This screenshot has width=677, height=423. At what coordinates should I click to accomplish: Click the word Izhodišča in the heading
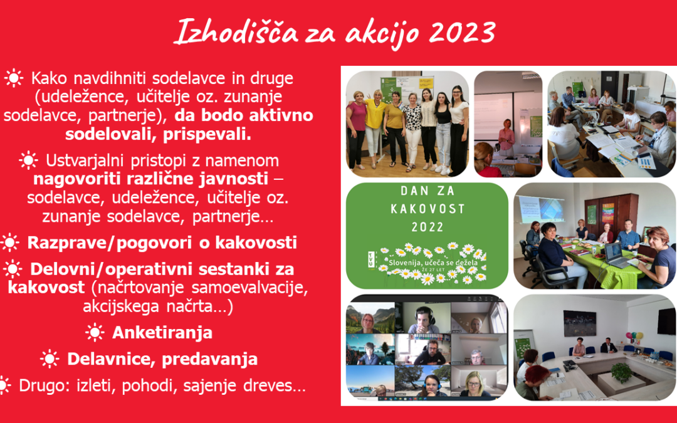(236, 31)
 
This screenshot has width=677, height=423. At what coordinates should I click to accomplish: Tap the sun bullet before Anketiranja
(95, 333)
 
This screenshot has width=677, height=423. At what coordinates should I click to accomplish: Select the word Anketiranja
(162, 333)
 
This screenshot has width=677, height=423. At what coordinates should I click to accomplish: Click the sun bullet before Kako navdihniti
(13, 78)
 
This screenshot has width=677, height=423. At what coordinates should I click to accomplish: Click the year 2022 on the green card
(428, 227)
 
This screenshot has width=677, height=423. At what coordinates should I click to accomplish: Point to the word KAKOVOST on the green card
(428, 209)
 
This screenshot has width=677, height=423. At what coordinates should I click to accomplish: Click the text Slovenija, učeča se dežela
(433, 262)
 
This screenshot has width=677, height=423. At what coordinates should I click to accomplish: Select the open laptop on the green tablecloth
(616, 256)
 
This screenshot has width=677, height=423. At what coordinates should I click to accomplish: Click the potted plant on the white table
(622, 372)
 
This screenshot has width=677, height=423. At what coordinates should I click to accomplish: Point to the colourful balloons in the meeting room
(634, 337)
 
